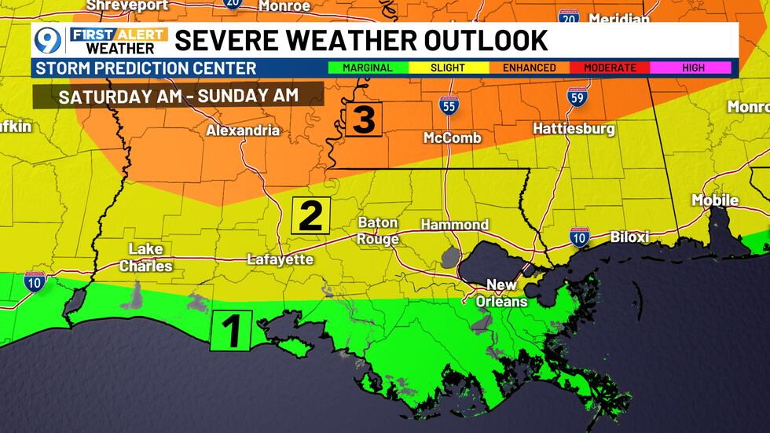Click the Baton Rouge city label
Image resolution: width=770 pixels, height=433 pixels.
point(378,231)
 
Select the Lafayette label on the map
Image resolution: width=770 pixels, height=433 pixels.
point(280,259)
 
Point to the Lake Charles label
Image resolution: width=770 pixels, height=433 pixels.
point(146,258)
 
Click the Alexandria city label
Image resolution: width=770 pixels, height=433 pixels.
point(243,130)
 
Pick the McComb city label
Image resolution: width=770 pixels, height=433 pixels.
point(452,138)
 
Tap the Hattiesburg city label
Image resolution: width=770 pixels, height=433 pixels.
point(574,128)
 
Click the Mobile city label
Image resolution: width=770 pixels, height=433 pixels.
point(714,200)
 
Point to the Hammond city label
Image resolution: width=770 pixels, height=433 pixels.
point(454,225)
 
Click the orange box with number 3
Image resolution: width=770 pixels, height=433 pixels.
point(363,119)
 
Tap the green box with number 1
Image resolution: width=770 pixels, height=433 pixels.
point(231,330)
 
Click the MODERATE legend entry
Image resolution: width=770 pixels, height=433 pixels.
point(610,68)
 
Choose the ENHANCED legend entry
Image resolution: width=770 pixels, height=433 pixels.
point(529,68)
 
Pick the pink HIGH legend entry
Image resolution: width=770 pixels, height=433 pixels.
point(693,68)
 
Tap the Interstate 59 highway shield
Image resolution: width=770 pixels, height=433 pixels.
point(577,97)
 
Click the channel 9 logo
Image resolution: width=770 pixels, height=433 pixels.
point(49,40)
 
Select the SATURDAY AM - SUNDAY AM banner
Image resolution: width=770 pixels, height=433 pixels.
point(178,96)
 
